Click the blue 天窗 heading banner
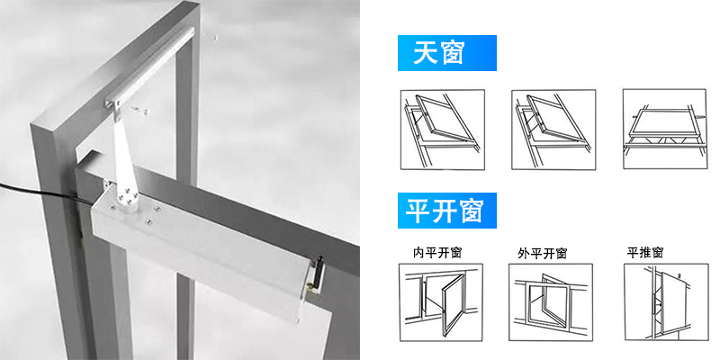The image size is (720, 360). coord(446,53)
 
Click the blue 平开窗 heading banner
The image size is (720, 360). coord(446,211)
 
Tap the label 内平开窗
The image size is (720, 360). coord(437,253)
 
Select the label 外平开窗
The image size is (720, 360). coord(543,253)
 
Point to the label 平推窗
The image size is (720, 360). coord(645,253)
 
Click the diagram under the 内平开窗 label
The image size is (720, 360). coord(441,302)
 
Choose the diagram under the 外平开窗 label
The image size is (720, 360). coord(551,302)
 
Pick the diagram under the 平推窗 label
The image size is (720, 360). coord(666,302)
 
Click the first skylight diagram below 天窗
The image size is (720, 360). coord(443,129)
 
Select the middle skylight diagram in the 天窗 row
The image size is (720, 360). coord(553,129)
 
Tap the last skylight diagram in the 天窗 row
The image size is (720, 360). coord(664,129)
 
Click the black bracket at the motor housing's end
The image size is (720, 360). coord(317,275)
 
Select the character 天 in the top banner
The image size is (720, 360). coord(423,53)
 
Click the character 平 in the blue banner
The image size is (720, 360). coord(417,211)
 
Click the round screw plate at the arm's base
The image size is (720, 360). coord(126,199)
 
